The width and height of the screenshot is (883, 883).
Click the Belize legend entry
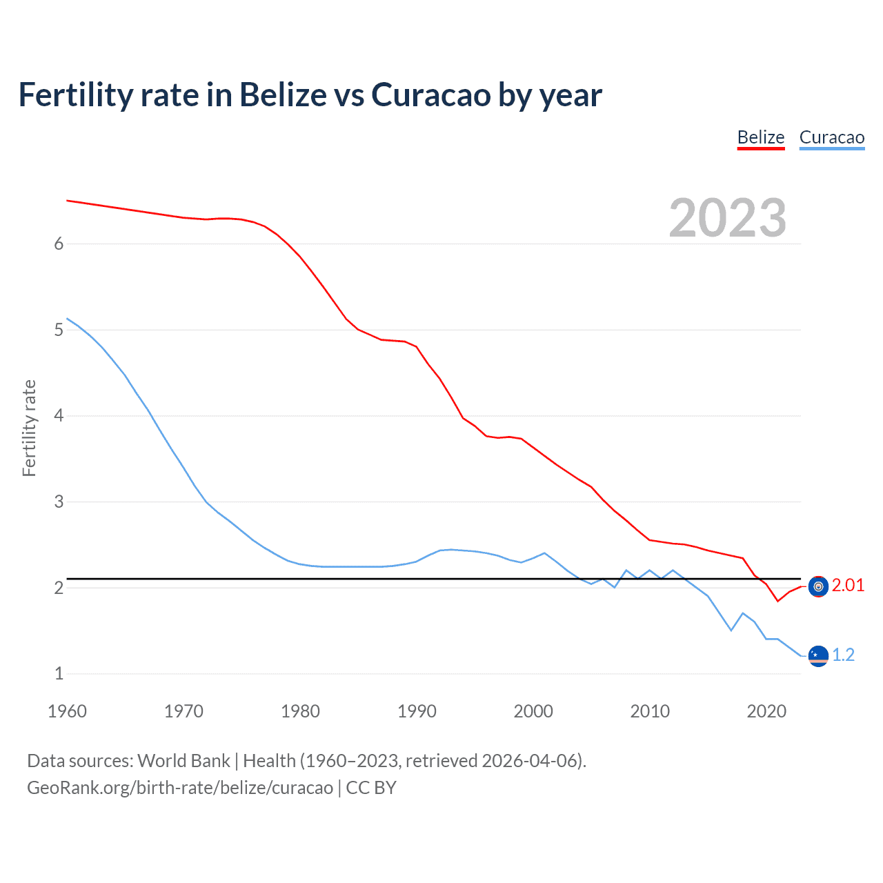click(x=761, y=137)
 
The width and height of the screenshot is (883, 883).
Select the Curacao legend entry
click(x=832, y=137)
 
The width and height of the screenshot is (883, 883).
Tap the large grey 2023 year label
click(x=728, y=218)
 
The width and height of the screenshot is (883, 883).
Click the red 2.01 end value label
click(x=848, y=586)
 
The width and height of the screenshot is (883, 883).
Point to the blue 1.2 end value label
click(x=843, y=655)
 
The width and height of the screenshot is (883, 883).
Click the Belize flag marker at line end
click(x=818, y=586)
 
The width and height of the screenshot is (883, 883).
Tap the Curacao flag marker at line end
click(x=818, y=655)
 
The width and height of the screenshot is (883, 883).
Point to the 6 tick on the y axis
click(x=59, y=244)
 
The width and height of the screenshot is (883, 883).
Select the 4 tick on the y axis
click(x=59, y=415)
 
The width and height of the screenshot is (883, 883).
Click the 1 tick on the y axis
click(x=59, y=673)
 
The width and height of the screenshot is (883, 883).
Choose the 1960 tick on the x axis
click(x=67, y=711)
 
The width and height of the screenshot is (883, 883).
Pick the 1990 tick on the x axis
click(x=417, y=711)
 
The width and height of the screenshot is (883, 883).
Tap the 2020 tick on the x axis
click(x=766, y=711)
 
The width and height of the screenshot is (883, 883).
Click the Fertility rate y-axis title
click(x=29, y=428)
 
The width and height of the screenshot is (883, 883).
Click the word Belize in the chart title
click(x=283, y=95)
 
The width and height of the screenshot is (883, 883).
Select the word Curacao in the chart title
click(x=431, y=95)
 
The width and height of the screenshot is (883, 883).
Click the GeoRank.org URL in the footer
click(x=179, y=788)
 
